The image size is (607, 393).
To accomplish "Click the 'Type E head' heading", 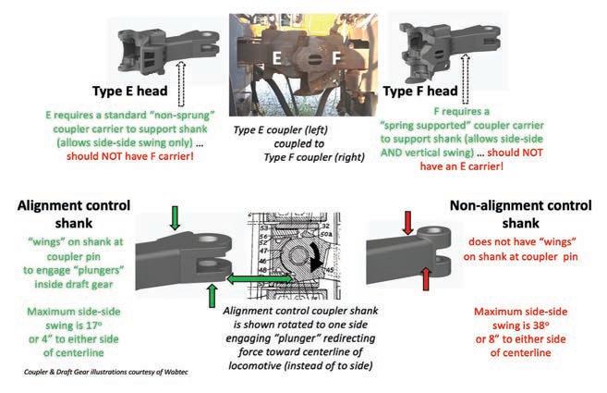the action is pos(129,91).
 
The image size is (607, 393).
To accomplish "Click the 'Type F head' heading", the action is pos(420,91).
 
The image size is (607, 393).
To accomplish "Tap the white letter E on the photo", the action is pos(276,58).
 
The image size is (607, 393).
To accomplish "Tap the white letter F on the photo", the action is pos(336,58).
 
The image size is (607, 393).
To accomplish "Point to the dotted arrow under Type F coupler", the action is pos(466,80).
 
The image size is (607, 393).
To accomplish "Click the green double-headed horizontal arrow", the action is pos(260,278).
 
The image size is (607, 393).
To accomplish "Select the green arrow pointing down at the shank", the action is pos(175,218).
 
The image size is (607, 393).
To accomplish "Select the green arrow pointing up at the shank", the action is pos(212,296).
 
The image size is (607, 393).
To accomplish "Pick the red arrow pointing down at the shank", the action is pos(407,223).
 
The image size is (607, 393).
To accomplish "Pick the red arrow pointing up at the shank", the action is pos(425,278).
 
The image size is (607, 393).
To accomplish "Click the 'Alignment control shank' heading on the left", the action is pos(74,215).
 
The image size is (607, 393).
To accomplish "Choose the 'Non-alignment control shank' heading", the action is pos(521,215).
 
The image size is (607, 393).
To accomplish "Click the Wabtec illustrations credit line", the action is pos(106,372).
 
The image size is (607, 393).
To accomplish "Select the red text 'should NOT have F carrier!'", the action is pos(129,156).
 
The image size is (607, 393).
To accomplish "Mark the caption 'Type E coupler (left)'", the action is pos(281,129).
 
